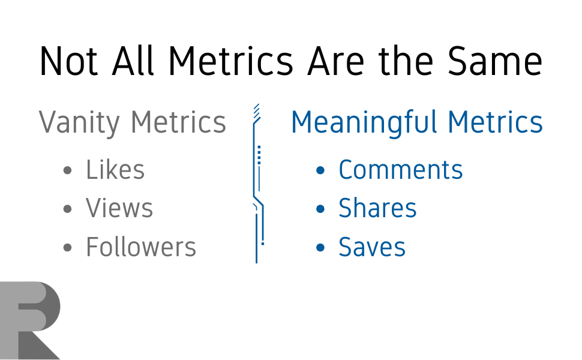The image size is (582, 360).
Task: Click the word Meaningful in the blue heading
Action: (364, 122)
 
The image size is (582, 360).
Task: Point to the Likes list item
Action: (115, 170)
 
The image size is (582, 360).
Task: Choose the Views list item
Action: (119, 208)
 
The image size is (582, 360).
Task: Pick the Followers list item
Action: (141, 247)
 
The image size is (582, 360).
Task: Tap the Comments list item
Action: (400, 170)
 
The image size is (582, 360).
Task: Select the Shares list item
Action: (377, 208)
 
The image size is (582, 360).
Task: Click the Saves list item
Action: (372, 247)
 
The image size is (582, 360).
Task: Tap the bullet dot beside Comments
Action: (321, 171)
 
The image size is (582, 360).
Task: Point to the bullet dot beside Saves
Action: (321, 248)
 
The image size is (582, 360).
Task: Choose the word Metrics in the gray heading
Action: (178, 122)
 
